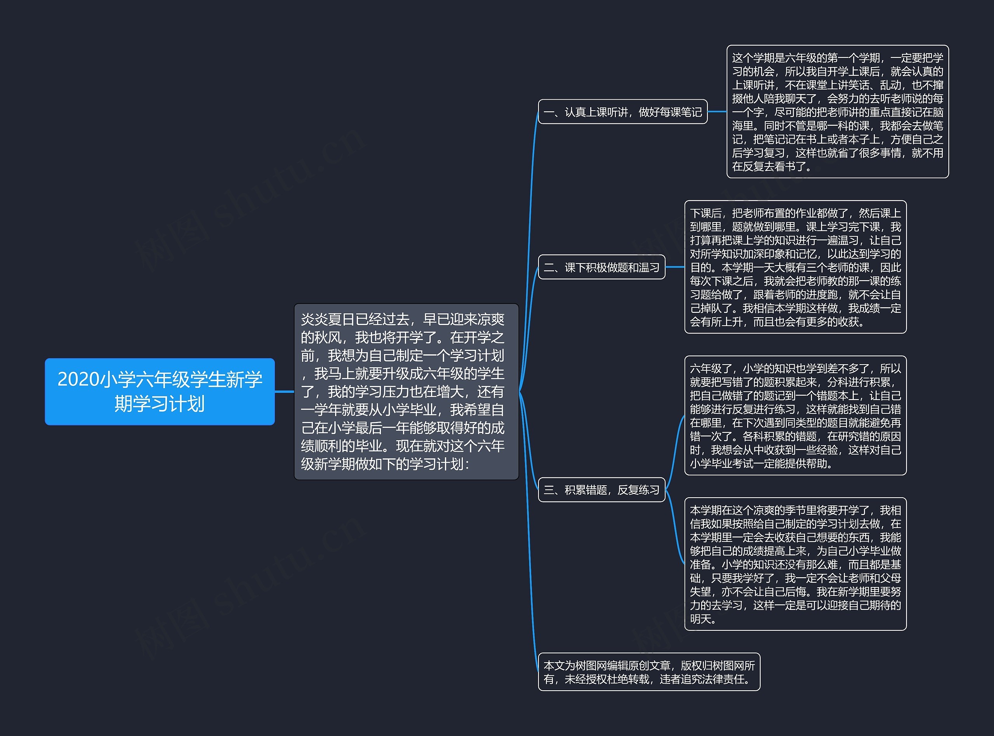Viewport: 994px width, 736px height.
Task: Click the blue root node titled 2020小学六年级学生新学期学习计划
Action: click(160, 391)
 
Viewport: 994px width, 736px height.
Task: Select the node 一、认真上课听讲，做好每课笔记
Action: click(622, 112)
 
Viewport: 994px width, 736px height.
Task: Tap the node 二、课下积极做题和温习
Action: click(601, 267)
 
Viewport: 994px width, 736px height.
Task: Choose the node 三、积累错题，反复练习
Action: click(601, 490)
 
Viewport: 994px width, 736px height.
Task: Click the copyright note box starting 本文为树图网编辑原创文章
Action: click(649, 672)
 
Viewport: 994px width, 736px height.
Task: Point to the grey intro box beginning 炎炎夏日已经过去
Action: click(406, 391)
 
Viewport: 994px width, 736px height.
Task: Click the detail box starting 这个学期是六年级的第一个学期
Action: click(837, 111)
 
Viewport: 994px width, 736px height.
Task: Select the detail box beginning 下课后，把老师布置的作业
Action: click(795, 267)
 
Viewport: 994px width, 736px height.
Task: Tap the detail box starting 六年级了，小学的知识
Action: click(795, 415)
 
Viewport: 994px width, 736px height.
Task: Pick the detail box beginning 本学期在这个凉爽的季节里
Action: click(795, 564)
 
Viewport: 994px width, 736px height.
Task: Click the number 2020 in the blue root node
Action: click(78, 380)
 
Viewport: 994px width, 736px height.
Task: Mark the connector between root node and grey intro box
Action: click(284, 392)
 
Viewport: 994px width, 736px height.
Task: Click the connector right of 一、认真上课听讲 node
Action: click(717, 112)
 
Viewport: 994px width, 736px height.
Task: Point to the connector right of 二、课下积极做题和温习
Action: click(674, 267)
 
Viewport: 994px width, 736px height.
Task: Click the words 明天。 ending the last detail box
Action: click(703, 619)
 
